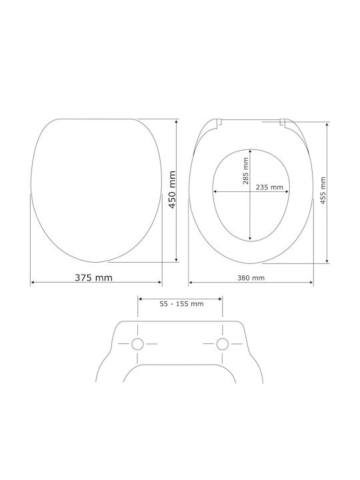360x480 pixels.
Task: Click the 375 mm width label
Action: [94, 277]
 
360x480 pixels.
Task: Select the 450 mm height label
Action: [173, 190]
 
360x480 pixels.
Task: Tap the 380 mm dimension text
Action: [251, 278]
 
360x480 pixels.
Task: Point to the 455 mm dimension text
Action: [323, 191]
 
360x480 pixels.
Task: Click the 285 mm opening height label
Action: [245, 171]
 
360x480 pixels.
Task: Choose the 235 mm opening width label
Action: [269, 187]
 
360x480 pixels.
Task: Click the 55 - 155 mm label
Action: [181, 304]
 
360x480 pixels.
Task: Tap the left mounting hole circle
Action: [137, 344]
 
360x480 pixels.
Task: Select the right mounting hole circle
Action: [222, 344]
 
